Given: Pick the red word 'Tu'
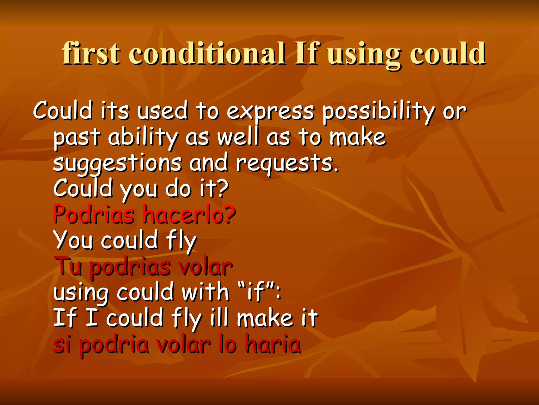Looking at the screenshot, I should [68, 266].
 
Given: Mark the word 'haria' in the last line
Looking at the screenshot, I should [273, 344].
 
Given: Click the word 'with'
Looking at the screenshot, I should [205, 292].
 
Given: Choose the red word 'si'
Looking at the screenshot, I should [62, 344].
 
